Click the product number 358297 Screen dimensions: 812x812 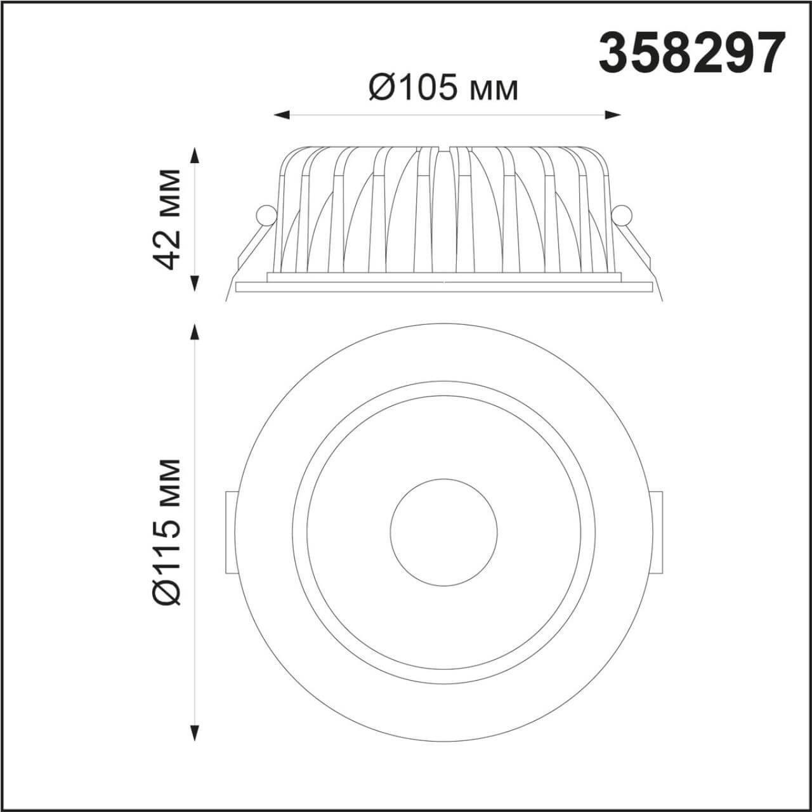693,55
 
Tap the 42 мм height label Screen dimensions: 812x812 167,219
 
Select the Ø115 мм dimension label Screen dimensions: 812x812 167,532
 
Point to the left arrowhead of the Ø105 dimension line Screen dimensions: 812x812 282,115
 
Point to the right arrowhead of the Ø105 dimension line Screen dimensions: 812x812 613,115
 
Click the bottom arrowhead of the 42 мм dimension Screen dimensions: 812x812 194,284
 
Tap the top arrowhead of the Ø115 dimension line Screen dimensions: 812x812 194,332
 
